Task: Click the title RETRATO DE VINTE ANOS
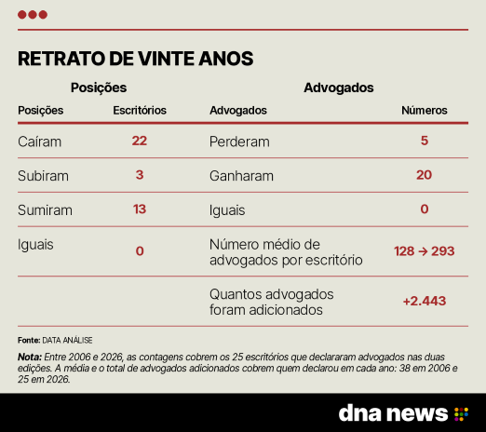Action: (x=136, y=59)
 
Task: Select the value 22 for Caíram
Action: (x=140, y=141)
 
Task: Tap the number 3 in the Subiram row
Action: (x=140, y=175)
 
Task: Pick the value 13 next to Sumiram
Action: (x=140, y=209)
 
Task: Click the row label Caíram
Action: (x=39, y=142)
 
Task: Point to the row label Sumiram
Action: (x=45, y=210)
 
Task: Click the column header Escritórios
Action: (x=140, y=110)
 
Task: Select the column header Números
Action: (x=425, y=110)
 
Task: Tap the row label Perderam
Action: (x=239, y=142)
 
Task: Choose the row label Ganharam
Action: (x=241, y=176)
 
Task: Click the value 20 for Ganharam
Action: (x=425, y=175)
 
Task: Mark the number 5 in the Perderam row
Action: (x=425, y=141)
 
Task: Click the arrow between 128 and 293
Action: (x=423, y=251)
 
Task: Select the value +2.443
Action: (x=425, y=301)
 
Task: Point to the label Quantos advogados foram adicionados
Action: (x=272, y=302)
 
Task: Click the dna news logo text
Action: (x=393, y=413)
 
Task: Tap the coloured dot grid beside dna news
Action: (x=461, y=414)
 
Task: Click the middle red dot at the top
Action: (x=33, y=15)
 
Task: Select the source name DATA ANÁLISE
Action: (x=67, y=341)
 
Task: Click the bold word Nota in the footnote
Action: (x=30, y=357)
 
